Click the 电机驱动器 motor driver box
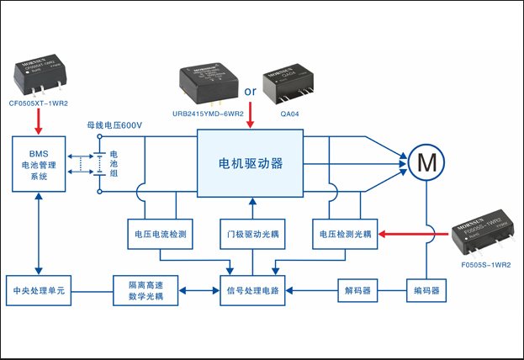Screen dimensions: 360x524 251,162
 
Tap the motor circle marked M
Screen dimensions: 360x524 425,161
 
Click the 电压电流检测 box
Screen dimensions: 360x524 160,233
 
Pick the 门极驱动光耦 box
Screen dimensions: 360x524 251,233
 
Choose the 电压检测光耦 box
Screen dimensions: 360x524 343,233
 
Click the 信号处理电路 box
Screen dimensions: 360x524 251,292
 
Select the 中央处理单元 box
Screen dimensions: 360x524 39,292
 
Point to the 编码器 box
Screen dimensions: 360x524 425,292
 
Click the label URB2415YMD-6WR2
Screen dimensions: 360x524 208,114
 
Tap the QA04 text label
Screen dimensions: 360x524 288,114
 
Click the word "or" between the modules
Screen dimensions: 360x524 250,91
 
